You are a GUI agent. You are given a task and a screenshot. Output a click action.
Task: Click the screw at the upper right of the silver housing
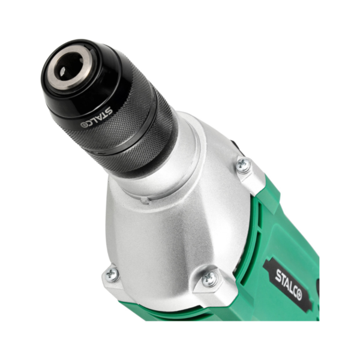[x=244, y=164]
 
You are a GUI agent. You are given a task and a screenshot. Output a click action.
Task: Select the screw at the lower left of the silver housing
[x=112, y=274]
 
